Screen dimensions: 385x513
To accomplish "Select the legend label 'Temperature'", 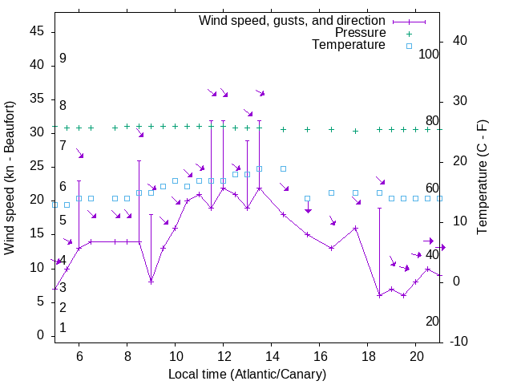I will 349,45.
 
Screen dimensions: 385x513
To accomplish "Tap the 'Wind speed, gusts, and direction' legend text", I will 293,20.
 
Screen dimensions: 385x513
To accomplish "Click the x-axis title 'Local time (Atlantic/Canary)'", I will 247,375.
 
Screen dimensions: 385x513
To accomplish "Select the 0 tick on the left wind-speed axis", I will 41,335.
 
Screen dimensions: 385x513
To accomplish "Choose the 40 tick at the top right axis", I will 461,41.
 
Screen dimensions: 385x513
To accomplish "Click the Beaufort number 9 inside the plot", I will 63,59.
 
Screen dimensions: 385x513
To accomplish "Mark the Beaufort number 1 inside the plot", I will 63,328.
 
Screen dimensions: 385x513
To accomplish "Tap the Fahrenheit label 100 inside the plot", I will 429,54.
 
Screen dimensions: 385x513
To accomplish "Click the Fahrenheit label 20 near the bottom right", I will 432,321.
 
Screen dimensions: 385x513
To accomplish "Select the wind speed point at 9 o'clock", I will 151,282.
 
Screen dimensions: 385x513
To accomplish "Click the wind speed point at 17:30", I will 355,228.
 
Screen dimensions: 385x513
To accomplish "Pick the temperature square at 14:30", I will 283,169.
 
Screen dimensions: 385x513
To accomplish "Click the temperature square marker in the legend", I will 408,46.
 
